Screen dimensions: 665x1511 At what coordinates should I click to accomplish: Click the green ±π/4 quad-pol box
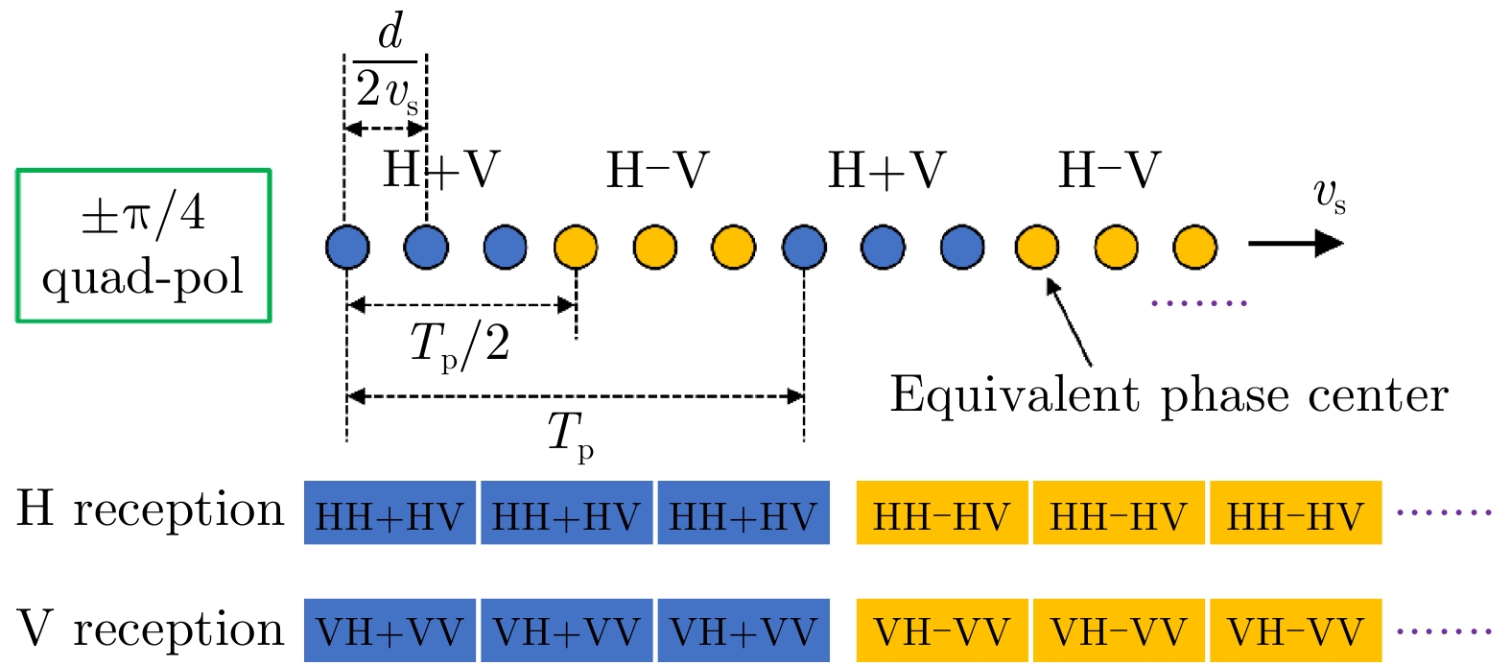pyautogui.click(x=144, y=246)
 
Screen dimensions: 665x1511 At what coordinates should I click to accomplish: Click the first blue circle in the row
pyautogui.click(x=347, y=247)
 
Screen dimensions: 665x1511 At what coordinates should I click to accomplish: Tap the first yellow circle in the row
pyautogui.click(x=576, y=247)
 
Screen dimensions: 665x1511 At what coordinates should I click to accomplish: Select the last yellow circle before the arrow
pyautogui.click(x=1194, y=247)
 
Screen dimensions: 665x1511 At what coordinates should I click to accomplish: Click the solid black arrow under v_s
pyautogui.click(x=1295, y=244)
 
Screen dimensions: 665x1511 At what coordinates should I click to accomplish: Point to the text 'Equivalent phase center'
pyautogui.click(x=1169, y=394)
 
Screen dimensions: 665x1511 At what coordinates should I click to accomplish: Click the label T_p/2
pyautogui.click(x=460, y=344)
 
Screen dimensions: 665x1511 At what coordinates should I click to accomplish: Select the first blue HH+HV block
pyautogui.click(x=390, y=513)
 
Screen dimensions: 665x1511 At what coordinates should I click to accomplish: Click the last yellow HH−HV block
pyautogui.click(x=1295, y=513)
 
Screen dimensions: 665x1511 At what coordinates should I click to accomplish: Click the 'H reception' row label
pyautogui.click(x=151, y=509)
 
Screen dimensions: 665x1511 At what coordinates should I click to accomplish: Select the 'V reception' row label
pyautogui.click(x=151, y=629)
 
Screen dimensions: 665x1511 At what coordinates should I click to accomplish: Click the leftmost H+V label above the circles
pyautogui.click(x=441, y=171)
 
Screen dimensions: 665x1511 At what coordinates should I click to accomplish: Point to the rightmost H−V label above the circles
pyautogui.click(x=1109, y=171)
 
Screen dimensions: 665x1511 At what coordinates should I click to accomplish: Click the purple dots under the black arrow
pyautogui.click(x=1198, y=303)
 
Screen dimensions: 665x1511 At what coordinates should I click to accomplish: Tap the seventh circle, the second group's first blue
pyautogui.click(x=804, y=247)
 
